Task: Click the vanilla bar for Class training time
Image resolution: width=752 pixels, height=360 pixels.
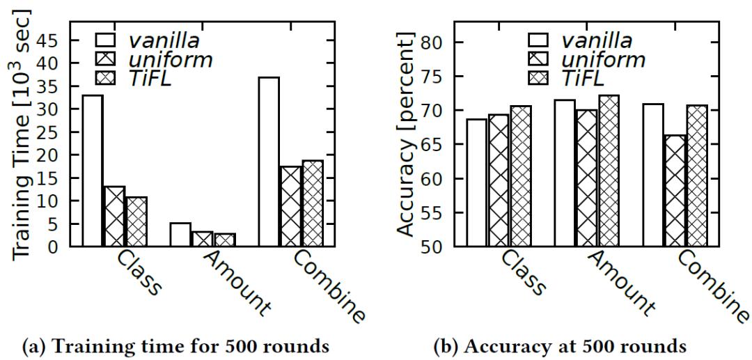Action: [92, 171]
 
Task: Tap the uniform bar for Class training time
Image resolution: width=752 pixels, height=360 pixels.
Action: [114, 216]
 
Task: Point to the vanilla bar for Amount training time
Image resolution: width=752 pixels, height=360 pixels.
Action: [180, 235]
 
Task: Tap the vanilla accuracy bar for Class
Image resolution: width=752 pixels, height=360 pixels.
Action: [477, 182]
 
